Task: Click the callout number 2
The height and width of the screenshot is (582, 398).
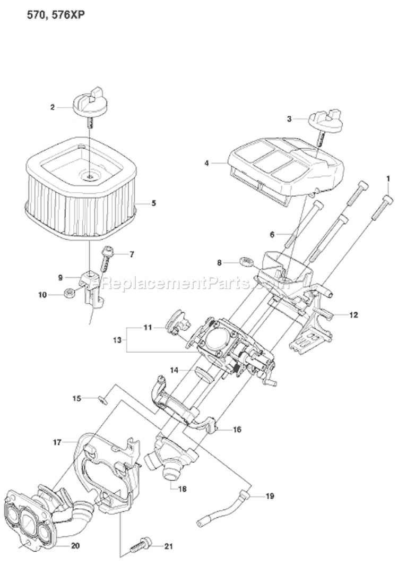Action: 53,107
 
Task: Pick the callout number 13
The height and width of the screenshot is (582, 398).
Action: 117,338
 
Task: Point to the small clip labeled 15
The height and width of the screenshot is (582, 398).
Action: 105,399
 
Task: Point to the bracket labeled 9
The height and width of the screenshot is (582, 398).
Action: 90,281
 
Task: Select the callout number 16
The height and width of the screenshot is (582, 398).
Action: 237,429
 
